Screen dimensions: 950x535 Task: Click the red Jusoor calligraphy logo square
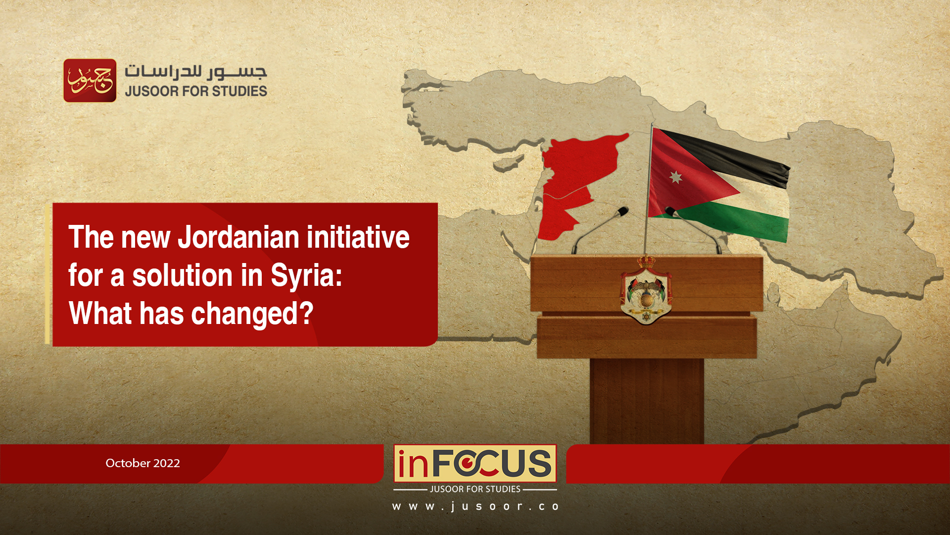pos(90,81)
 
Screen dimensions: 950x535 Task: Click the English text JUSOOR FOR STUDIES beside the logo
pos(196,91)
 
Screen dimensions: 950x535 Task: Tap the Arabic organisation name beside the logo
pos(196,72)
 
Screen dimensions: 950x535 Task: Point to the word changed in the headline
pos(252,314)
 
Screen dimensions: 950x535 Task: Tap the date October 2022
pos(142,463)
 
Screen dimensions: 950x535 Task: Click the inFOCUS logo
pos(475,463)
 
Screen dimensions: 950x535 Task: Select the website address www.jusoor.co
pos(475,506)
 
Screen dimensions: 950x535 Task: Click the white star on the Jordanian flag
pos(675,176)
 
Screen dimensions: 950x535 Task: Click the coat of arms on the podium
pos(646,290)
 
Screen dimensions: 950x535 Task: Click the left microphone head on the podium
pos(622,212)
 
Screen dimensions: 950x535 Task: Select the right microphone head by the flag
pos(671,212)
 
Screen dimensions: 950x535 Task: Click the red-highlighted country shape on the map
pos(576,183)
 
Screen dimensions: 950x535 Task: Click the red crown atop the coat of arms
pos(646,261)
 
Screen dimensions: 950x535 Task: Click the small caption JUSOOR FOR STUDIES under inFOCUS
pos(475,489)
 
